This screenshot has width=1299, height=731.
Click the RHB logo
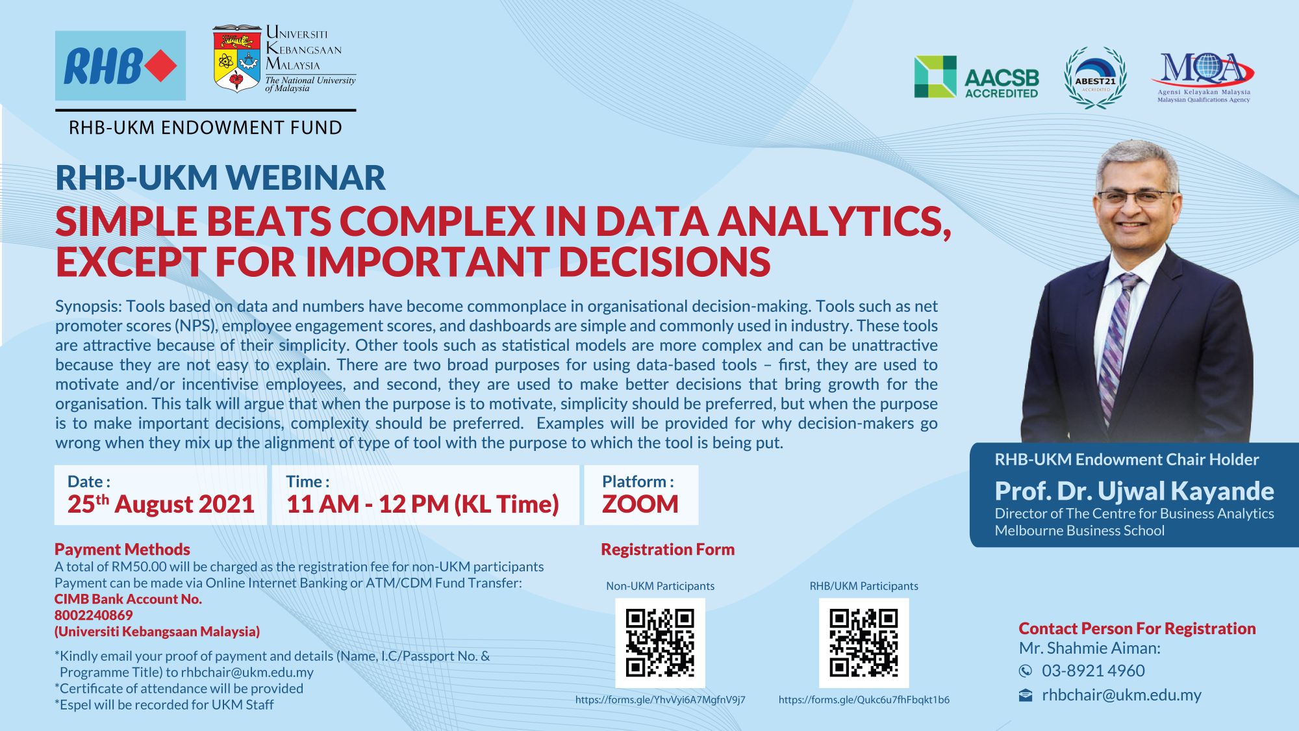tap(120, 66)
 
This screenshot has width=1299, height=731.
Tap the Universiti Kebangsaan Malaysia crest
tap(237, 58)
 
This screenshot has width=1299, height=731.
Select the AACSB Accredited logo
tap(976, 77)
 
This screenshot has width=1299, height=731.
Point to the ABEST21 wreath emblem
tap(1095, 78)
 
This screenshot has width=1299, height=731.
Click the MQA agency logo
tap(1203, 77)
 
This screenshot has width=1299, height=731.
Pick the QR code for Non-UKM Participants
tap(660, 643)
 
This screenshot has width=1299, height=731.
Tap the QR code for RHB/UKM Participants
tap(864, 643)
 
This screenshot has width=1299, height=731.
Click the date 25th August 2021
tap(160, 504)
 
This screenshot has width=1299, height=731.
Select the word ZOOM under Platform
tap(640, 504)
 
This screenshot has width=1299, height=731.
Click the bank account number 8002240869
tap(94, 615)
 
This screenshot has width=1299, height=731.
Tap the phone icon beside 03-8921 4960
tap(1026, 671)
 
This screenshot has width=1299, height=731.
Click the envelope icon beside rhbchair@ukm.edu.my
tap(1026, 695)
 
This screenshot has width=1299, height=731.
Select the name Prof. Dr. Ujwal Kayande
tap(1134, 491)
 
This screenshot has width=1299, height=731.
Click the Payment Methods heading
tap(122, 550)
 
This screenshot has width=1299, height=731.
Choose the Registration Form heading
tap(668, 550)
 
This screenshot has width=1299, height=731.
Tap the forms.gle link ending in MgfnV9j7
tap(661, 700)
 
